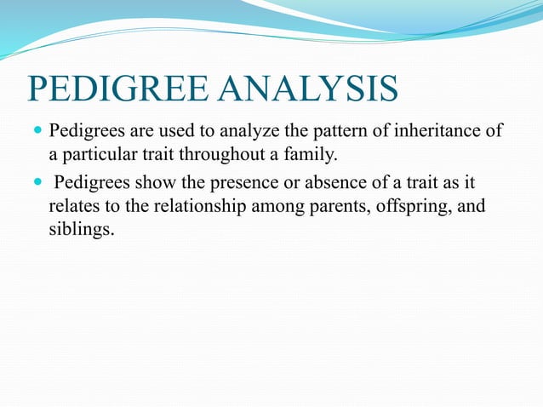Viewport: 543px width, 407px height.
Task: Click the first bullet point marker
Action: (36, 132)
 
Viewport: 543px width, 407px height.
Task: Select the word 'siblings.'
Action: (80, 231)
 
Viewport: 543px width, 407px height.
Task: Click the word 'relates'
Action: (73, 209)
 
